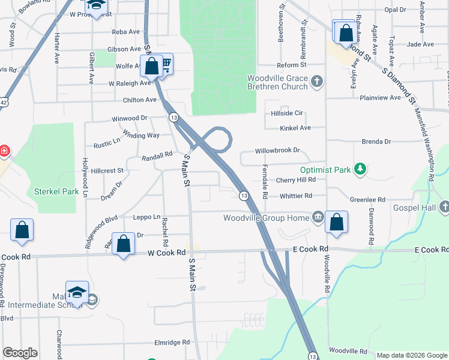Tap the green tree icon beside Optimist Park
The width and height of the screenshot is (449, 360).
click(x=360, y=169)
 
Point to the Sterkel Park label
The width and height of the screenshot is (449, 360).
click(x=52, y=192)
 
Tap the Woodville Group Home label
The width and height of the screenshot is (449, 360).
click(x=266, y=217)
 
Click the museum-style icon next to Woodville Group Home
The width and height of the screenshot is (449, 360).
click(x=318, y=217)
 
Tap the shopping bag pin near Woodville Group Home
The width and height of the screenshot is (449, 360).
click(x=337, y=222)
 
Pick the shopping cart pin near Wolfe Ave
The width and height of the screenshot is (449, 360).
click(x=166, y=64)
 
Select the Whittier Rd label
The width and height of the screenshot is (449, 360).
click(x=295, y=196)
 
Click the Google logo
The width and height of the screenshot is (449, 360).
click(x=20, y=353)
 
